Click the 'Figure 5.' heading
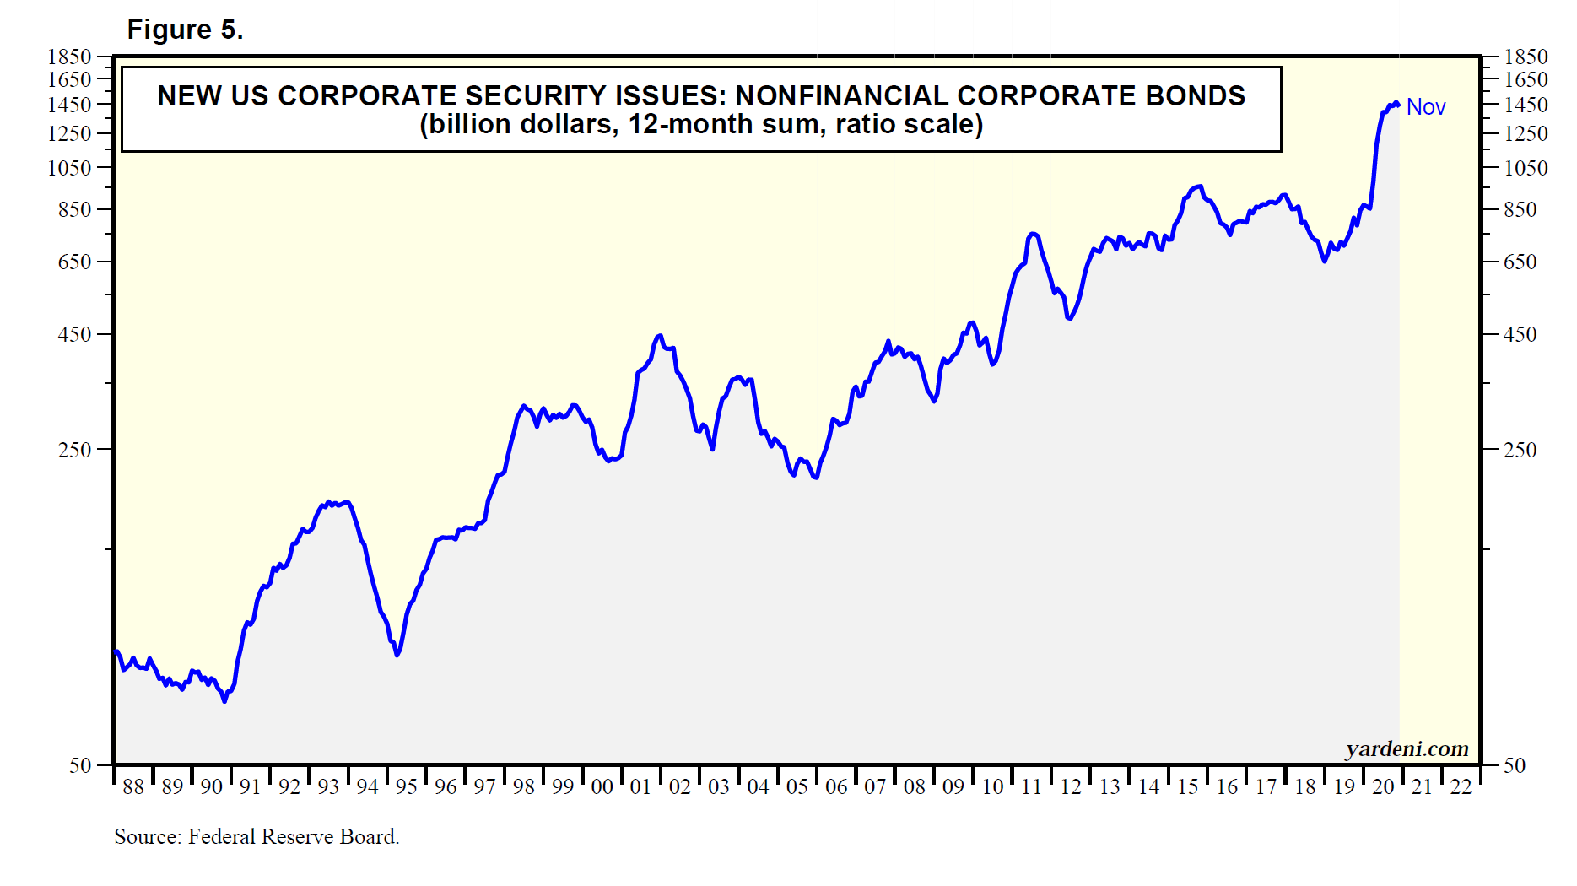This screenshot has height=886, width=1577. point(185,30)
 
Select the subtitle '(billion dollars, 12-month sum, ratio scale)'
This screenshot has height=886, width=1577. point(701,125)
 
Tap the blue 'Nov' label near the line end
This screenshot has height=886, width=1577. point(1426,107)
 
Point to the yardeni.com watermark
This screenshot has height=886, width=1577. point(1407,748)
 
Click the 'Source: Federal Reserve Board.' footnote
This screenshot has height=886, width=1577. point(257,836)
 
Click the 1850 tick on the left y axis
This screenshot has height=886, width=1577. point(69,57)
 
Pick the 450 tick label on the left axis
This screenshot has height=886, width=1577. point(74,334)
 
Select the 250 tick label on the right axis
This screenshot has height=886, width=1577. point(1520,450)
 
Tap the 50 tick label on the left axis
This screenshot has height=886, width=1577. point(80,765)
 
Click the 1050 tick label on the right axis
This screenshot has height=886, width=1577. point(1526,168)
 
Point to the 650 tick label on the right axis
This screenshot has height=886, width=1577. point(1520,262)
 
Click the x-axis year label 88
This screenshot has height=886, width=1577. point(133,787)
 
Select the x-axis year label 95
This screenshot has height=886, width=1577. point(407,787)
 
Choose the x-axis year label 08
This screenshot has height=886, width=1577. point(915,787)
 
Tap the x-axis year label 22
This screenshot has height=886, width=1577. point(1461,787)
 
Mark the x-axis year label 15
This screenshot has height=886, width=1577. point(1188,787)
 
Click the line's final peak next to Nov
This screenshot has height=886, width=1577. point(1396,103)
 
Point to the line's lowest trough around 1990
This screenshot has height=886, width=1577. point(224,700)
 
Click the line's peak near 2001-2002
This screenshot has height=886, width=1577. point(659,336)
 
